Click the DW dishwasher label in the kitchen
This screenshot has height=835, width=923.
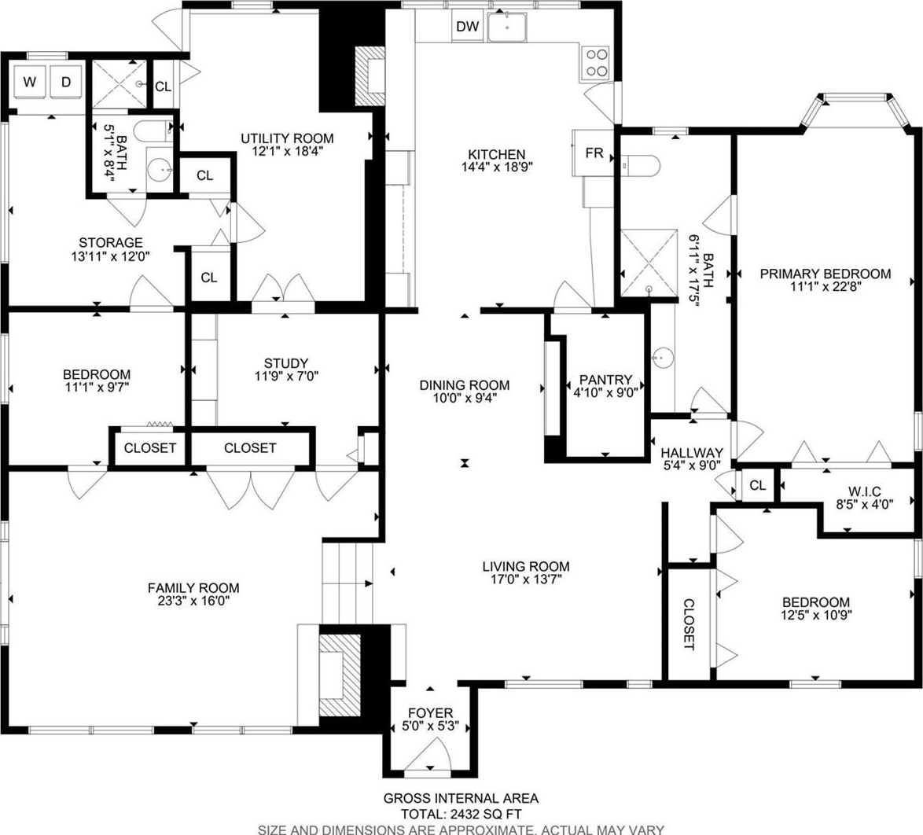pyautogui.click(x=468, y=27)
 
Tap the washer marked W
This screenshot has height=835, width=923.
pyautogui.click(x=30, y=83)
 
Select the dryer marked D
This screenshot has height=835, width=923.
pyautogui.click(x=66, y=83)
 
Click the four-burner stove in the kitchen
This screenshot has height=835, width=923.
pyautogui.click(x=595, y=63)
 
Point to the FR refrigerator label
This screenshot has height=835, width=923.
pyautogui.click(x=594, y=153)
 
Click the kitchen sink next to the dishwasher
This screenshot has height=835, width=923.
pyautogui.click(x=507, y=27)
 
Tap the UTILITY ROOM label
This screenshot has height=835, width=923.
pyautogui.click(x=287, y=138)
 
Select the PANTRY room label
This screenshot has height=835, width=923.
pyautogui.click(x=605, y=380)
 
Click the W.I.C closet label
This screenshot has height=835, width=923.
pyautogui.click(x=865, y=491)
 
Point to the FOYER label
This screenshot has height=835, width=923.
pyautogui.click(x=431, y=713)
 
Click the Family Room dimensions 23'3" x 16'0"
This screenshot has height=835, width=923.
pyautogui.click(x=193, y=601)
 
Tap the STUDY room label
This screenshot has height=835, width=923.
pyautogui.click(x=286, y=363)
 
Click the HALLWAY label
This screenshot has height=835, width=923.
pyautogui.click(x=692, y=453)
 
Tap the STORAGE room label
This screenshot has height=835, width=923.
pyautogui.click(x=111, y=242)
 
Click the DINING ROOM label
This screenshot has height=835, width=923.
pyautogui.click(x=465, y=385)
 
